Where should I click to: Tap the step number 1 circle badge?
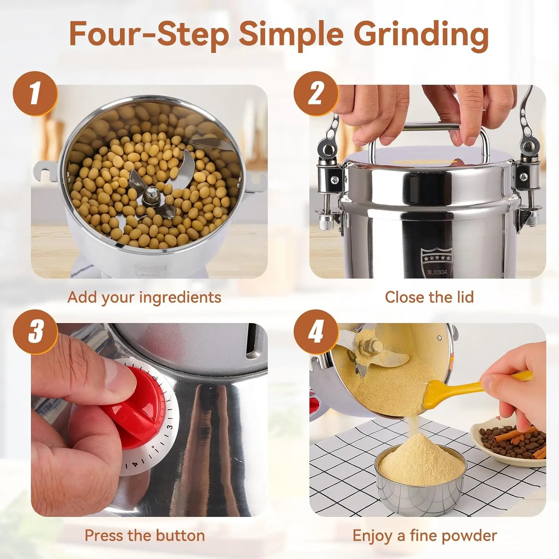(35, 93)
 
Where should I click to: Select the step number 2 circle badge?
(316, 93)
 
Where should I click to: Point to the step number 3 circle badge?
(35, 331)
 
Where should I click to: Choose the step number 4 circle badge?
(316, 331)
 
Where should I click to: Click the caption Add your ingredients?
(145, 297)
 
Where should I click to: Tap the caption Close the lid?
(429, 297)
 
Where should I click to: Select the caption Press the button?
(145, 536)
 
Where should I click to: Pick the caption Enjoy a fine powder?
(425, 536)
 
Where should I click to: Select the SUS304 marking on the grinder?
(437, 272)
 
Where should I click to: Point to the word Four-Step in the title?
(149, 34)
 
